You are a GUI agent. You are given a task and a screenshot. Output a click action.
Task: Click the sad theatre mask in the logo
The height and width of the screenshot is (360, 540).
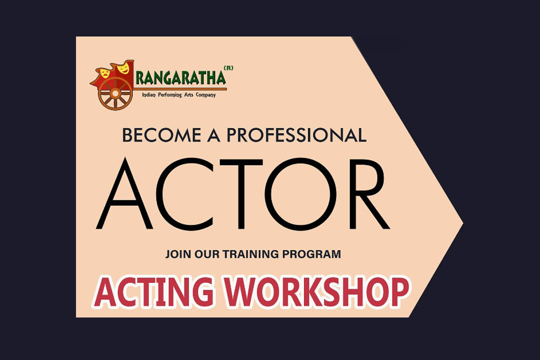point(104,73)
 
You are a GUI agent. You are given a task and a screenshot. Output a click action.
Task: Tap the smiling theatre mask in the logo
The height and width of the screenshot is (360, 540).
point(123,68)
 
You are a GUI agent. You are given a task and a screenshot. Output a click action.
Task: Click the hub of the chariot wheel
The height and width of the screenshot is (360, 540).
point(115,93)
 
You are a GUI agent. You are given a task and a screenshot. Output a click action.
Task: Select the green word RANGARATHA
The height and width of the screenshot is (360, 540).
point(180,77)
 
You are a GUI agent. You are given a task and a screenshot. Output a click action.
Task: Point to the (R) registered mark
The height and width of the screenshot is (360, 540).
point(228,68)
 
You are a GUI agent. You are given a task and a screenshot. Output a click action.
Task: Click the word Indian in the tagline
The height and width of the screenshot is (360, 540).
point(149,94)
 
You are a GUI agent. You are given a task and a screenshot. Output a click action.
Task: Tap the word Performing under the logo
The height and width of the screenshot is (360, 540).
point(170,94)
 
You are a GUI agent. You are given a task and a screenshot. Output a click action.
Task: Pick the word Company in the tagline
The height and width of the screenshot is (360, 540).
point(205,94)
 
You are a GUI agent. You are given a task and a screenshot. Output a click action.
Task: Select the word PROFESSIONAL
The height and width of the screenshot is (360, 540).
point(296,135)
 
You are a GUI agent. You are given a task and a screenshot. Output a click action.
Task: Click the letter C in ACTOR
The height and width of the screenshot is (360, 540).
point(183,194)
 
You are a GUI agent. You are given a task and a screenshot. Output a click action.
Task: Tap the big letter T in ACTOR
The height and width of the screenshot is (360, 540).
point(241,194)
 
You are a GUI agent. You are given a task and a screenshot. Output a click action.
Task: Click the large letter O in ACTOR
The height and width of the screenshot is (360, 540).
point(302,194)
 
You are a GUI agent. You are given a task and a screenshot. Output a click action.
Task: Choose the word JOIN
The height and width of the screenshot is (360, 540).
point(178,254)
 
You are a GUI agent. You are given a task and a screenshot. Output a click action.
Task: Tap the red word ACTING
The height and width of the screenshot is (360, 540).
point(154,291)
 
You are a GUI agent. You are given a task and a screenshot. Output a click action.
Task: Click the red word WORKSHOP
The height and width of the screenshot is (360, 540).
point(317,291)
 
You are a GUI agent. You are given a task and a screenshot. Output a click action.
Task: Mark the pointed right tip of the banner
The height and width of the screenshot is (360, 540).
point(462,223)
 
